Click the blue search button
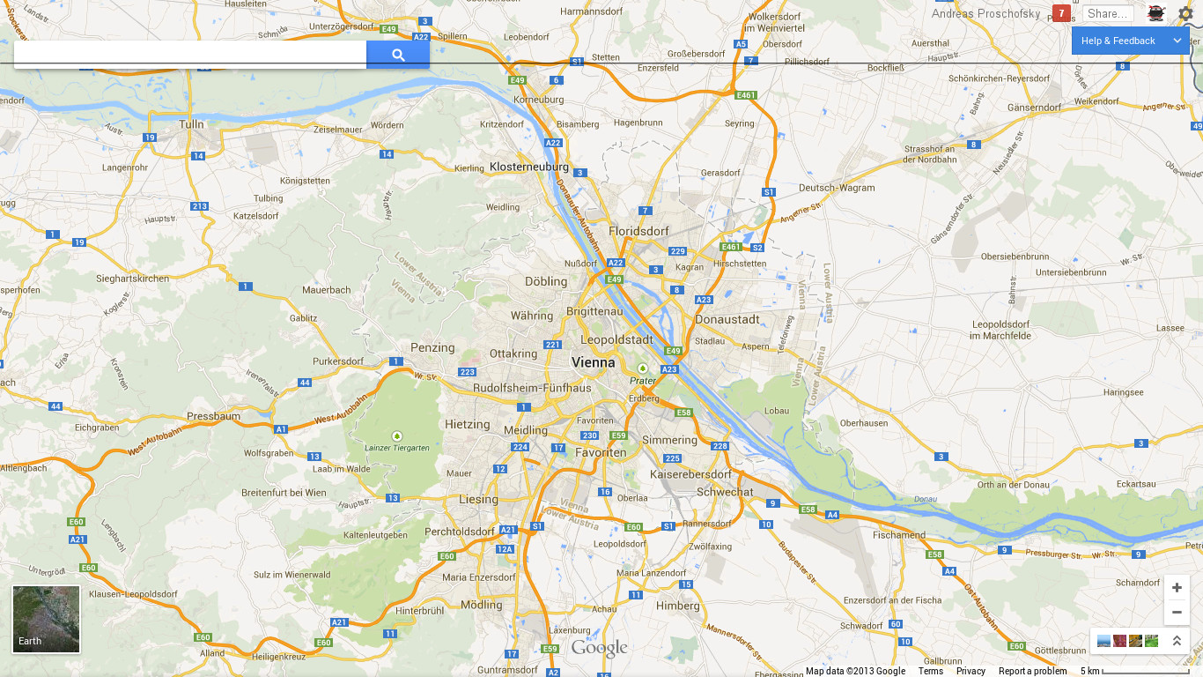(x=398, y=55)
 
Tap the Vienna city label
(x=594, y=362)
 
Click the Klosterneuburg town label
(x=528, y=167)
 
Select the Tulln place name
(x=191, y=124)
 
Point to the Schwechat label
(x=725, y=492)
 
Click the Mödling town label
(x=481, y=605)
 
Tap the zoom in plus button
(x=1177, y=588)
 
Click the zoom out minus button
(x=1177, y=612)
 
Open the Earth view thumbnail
(x=46, y=620)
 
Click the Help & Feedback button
(x=1118, y=41)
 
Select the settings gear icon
(x=1185, y=13)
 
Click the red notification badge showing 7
(x=1061, y=13)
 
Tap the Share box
(x=1107, y=13)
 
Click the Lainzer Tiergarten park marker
(x=396, y=436)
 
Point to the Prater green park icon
(x=643, y=368)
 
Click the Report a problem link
(x=1032, y=671)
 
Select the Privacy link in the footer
(x=971, y=671)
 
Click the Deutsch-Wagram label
(x=837, y=188)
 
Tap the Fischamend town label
(x=899, y=535)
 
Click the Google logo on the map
(x=600, y=649)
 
